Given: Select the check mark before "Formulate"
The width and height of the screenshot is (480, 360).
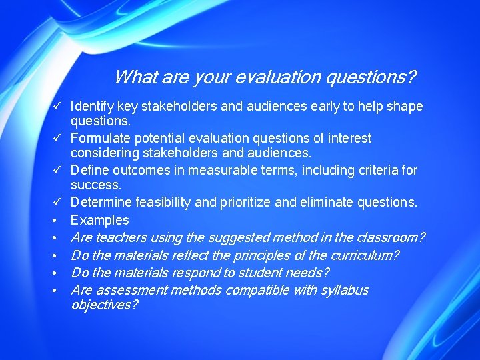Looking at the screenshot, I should pos(58,138).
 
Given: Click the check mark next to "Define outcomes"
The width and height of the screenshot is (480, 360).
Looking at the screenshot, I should pos(58,170).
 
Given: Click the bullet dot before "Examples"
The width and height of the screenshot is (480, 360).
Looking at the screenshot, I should pos(58,221).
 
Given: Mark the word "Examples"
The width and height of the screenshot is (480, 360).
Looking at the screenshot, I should pos(100,220).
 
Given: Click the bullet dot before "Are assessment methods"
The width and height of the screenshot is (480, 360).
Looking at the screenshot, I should pos(58,291).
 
